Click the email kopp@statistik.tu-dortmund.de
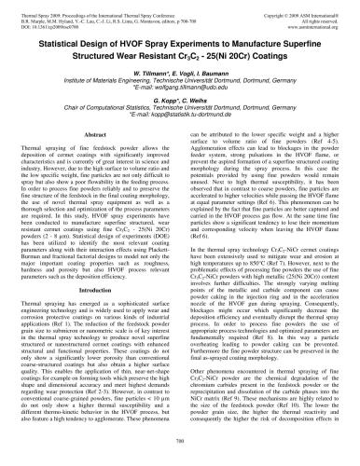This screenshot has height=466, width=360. [182, 121]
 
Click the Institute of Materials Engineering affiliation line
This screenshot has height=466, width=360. [179, 83]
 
